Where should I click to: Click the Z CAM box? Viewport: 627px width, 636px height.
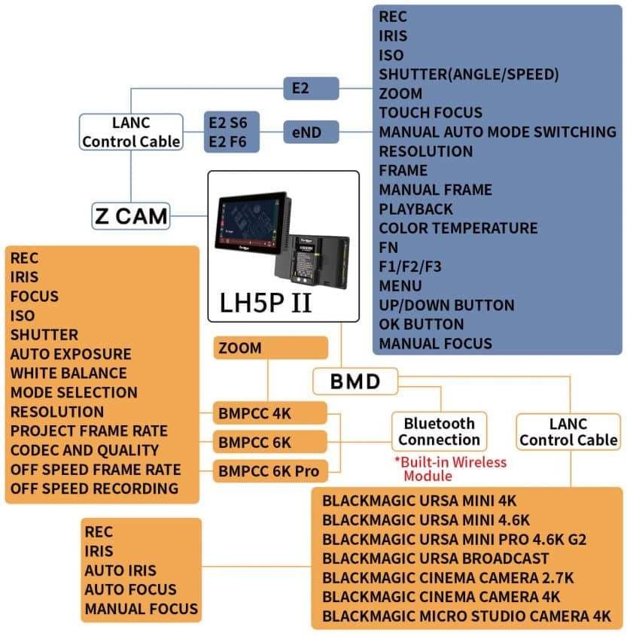pos(131,217)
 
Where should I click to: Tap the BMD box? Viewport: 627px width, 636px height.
pos(355,382)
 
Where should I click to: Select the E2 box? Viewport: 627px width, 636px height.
pos(311,88)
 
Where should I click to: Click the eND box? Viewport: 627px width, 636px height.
pos(311,132)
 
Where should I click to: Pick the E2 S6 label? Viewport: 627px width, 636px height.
pos(232,123)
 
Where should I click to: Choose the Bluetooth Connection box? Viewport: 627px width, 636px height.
pos(439,431)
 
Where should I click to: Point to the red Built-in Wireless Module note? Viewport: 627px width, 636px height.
pos(450,469)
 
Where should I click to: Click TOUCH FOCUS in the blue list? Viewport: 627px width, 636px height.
pos(431,113)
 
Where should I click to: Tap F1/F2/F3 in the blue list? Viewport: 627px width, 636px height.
pos(411,266)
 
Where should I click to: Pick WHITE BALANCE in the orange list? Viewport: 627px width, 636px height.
pos(68,373)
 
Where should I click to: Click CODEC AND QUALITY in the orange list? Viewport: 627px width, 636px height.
pos(84,450)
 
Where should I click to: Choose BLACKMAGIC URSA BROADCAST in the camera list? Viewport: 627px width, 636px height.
pos(435,558)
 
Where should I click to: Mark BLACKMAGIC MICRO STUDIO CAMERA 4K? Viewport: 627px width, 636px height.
pos(467,616)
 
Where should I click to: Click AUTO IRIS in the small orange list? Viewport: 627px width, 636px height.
pos(120,571)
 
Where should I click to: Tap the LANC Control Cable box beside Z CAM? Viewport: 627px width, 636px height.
pos(131,132)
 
